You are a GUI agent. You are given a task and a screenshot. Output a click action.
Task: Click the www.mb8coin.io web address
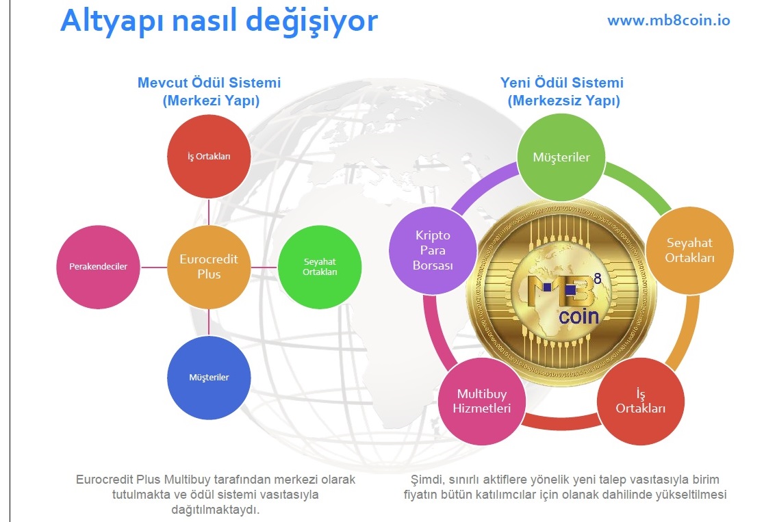(x=668, y=21)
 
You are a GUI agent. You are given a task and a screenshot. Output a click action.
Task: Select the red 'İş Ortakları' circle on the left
(x=209, y=157)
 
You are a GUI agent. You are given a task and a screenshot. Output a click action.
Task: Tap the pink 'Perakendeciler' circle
(x=98, y=267)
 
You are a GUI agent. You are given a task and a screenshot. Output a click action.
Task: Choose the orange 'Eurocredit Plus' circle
(x=209, y=267)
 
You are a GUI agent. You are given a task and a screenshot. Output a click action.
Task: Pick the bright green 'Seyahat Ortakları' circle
(x=320, y=267)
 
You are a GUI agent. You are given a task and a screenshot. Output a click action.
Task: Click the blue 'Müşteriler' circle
(x=209, y=378)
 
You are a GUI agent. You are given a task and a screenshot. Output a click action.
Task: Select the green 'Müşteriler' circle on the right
(x=561, y=157)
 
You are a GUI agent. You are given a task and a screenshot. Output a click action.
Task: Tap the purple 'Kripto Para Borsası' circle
(x=433, y=250)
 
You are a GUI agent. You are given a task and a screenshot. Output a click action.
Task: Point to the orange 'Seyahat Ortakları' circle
(x=690, y=250)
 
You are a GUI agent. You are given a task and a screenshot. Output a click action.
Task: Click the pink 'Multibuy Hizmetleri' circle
(x=482, y=401)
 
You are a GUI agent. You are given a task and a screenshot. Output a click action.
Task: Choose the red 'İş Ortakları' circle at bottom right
(x=641, y=401)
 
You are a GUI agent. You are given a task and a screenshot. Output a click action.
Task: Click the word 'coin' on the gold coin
(x=578, y=317)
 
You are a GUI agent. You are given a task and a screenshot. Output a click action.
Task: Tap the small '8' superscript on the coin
(x=598, y=279)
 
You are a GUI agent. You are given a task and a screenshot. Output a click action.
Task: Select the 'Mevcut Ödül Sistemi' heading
(x=209, y=83)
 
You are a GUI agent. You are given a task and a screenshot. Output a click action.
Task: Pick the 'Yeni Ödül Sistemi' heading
(x=562, y=83)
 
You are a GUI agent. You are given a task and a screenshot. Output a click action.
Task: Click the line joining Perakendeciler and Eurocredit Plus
(x=153, y=267)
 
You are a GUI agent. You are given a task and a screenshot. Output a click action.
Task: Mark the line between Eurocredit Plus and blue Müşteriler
(x=209, y=322)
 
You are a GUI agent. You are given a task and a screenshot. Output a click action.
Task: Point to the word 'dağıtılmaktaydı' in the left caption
(x=215, y=510)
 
